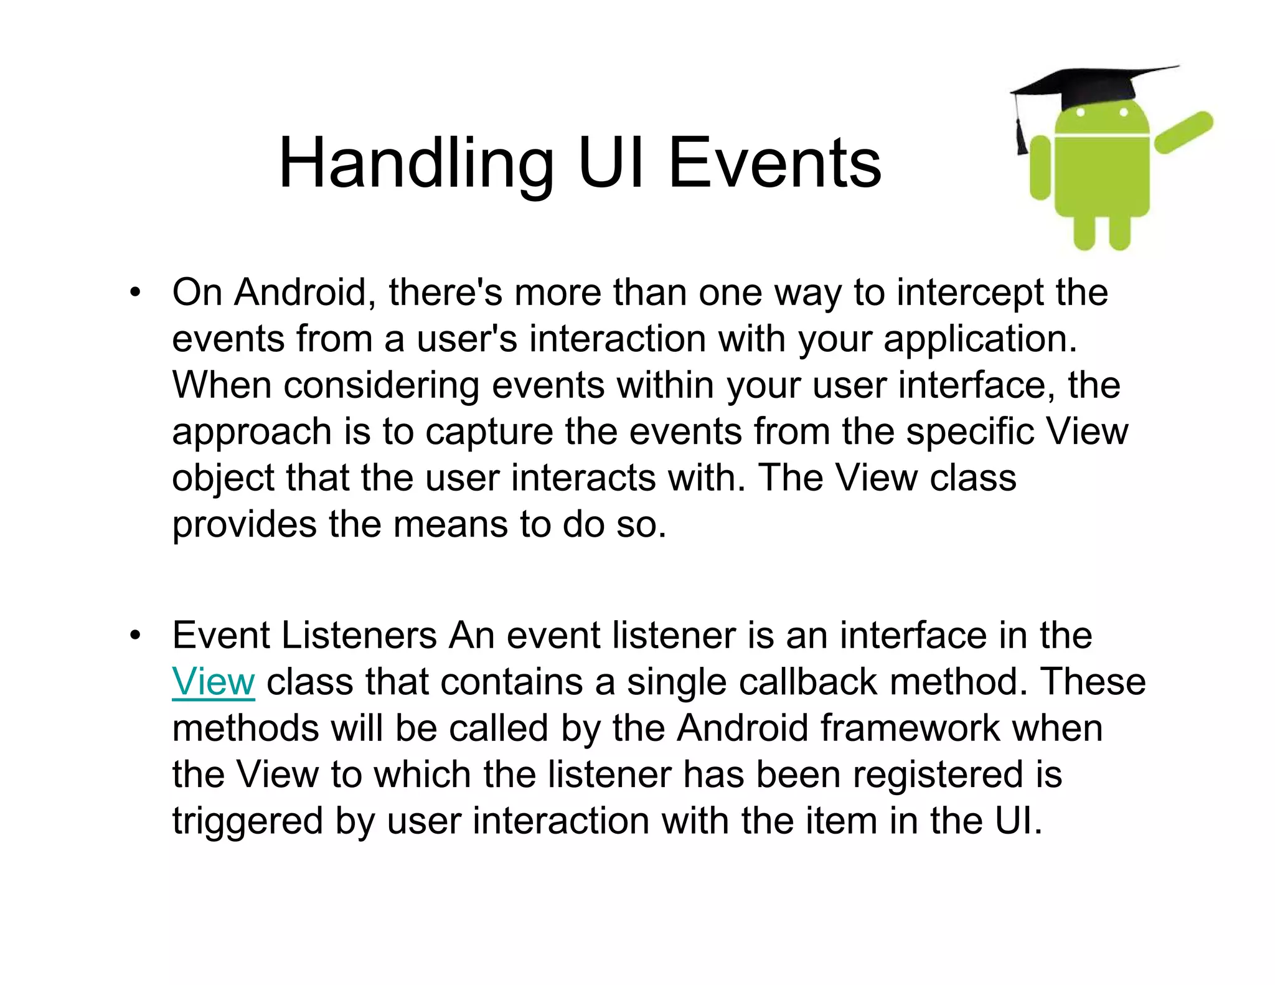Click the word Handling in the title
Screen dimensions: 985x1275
(416, 164)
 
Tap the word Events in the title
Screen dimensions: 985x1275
(774, 164)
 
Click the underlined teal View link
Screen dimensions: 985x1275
(214, 682)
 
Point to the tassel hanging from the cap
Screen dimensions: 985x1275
(1022, 134)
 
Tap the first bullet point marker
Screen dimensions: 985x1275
(135, 292)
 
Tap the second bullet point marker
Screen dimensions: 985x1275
(135, 636)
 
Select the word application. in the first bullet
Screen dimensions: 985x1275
(980, 339)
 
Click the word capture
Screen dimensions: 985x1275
(489, 432)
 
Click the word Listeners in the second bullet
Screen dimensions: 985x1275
(359, 636)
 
